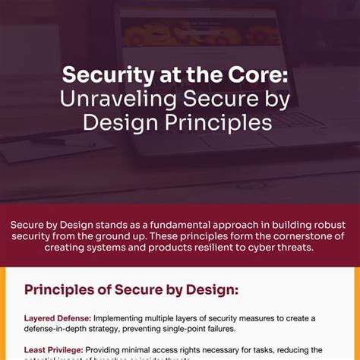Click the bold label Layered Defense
coord(56,317)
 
